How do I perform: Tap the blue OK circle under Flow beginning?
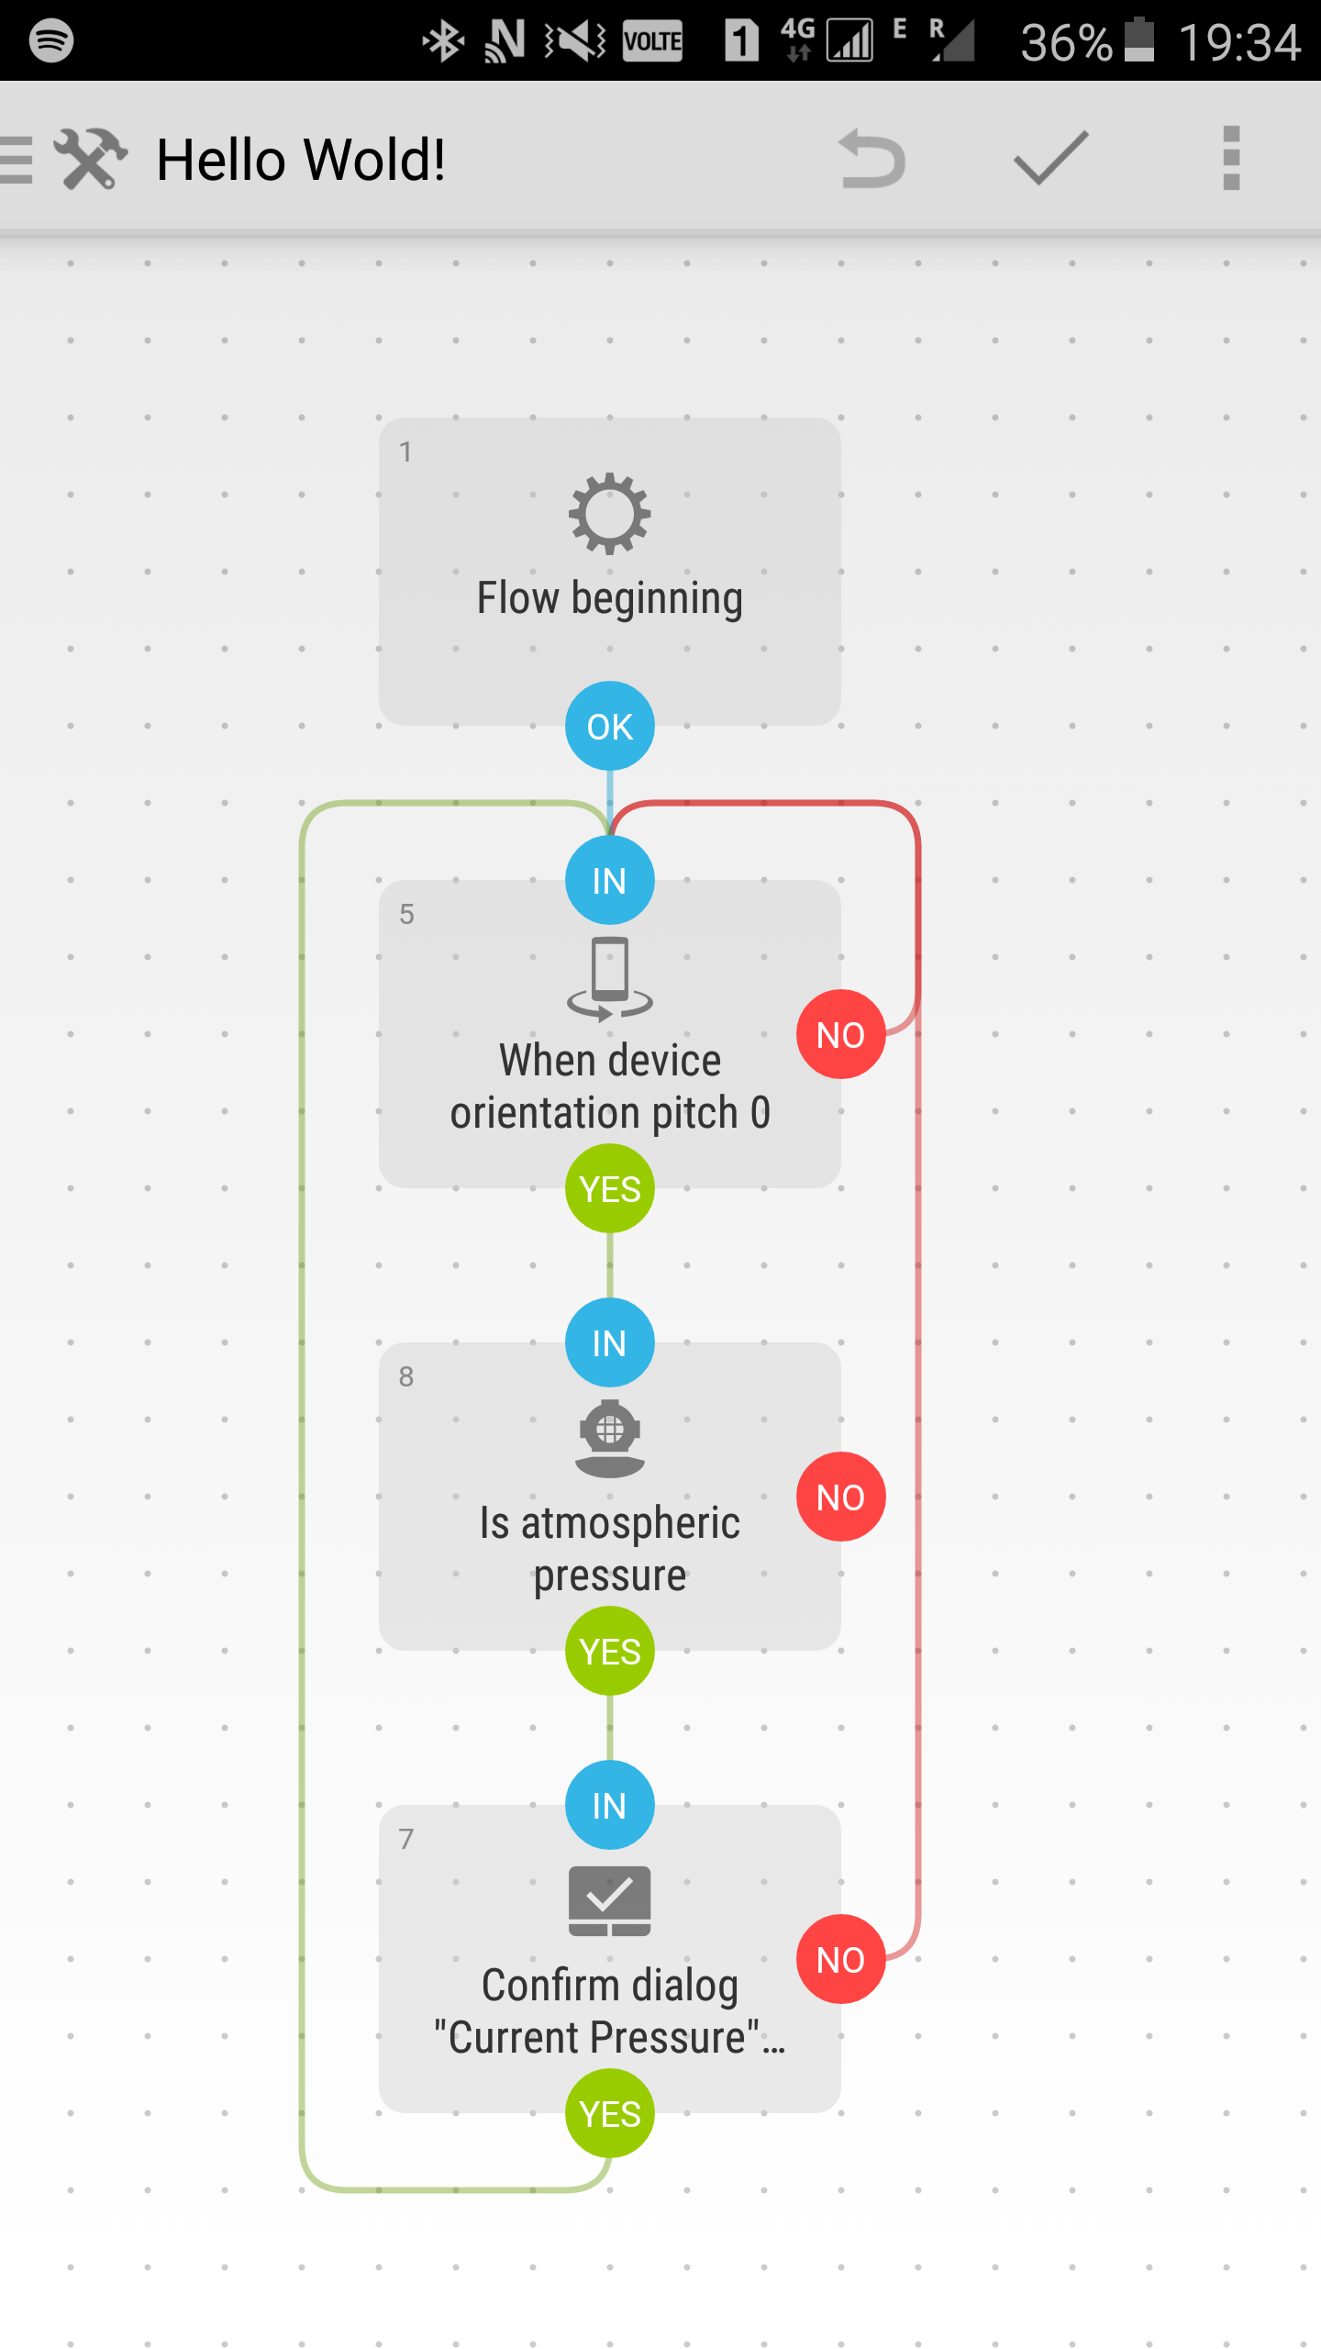(610, 726)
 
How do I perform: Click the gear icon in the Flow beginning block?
(610, 514)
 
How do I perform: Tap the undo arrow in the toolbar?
(871, 159)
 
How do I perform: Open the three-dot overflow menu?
(1231, 159)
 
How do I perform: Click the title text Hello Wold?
(301, 160)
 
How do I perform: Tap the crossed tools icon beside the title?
(91, 159)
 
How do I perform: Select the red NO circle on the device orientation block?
(840, 1034)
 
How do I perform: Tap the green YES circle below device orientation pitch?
(610, 1189)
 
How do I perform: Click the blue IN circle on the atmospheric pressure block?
(610, 1343)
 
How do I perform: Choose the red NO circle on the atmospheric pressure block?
(840, 1497)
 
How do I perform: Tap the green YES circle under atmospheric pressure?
(610, 1652)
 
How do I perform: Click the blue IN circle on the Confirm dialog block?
(610, 1806)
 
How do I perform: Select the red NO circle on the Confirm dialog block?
(840, 1959)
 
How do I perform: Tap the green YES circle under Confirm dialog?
(610, 2114)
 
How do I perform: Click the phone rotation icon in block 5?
(610, 978)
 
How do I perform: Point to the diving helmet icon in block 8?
(610, 1439)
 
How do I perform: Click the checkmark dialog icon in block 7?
(610, 1901)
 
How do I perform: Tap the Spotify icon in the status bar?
(51, 40)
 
